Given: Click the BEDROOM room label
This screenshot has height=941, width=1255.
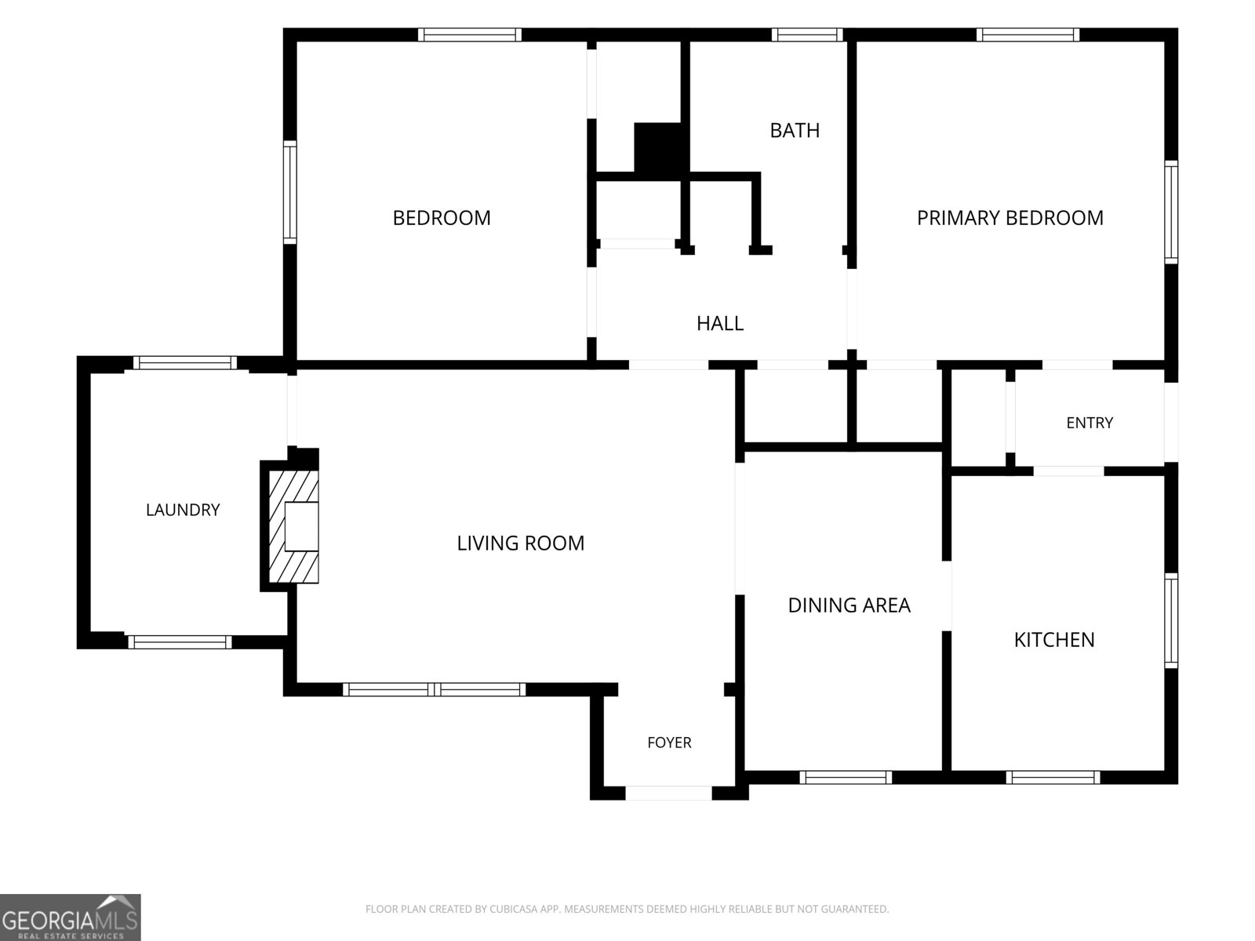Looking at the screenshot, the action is click(x=442, y=218).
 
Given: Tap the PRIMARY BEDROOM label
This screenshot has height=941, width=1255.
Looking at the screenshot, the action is click(x=1009, y=218).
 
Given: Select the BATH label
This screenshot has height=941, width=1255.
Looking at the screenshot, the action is click(x=795, y=130).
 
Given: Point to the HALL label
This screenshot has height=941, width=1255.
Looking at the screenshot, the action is click(x=720, y=323).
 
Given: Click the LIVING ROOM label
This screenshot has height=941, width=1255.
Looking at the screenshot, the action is click(x=520, y=543).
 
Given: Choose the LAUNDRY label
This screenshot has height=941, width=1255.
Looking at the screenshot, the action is click(x=183, y=510).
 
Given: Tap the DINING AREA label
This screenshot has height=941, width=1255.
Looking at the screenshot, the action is click(x=849, y=605).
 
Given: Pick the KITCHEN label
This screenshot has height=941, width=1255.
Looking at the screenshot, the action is click(x=1054, y=640).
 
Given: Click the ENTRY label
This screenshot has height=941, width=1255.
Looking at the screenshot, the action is click(x=1089, y=423).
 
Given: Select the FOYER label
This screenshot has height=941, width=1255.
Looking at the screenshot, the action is click(x=669, y=743).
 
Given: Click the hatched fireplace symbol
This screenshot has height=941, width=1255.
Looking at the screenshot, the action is click(x=293, y=526).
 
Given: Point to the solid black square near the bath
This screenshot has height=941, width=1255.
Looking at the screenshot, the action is click(x=657, y=147).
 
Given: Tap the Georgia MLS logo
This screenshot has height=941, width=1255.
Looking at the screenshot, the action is click(x=71, y=917).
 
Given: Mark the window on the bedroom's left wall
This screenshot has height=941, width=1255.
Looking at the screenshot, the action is click(x=290, y=192).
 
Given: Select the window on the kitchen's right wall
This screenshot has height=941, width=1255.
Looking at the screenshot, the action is click(x=1171, y=620).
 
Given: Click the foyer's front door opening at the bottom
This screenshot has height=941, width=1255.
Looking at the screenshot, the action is click(x=668, y=793).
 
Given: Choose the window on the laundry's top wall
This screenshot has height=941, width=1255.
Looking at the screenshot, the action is click(x=184, y=363).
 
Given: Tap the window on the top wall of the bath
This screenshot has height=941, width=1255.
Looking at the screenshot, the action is click(x=807, y=35).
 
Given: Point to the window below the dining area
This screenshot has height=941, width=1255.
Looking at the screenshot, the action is click(x=846, y=778).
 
